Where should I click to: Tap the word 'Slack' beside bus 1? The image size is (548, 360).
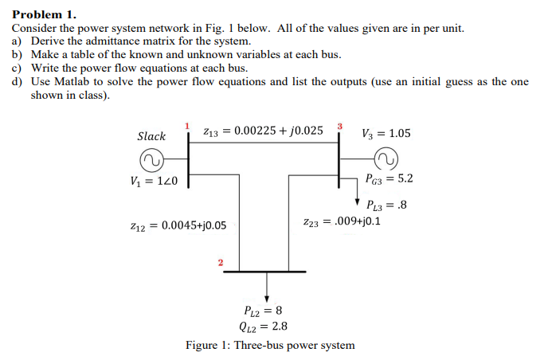tap(151, 136)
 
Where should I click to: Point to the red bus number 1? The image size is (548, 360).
tap(187, 127)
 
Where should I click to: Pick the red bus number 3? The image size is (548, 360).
tap(340, 127)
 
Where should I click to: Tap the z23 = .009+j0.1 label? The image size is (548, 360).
tap(341, 221)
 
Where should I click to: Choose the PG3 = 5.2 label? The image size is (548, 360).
tap(390, 179)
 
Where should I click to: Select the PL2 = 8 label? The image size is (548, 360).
tap(260, 311)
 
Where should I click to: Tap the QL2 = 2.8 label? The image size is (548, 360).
tap(263, 326)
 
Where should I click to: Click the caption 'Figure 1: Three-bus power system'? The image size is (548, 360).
tap(270, 345)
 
